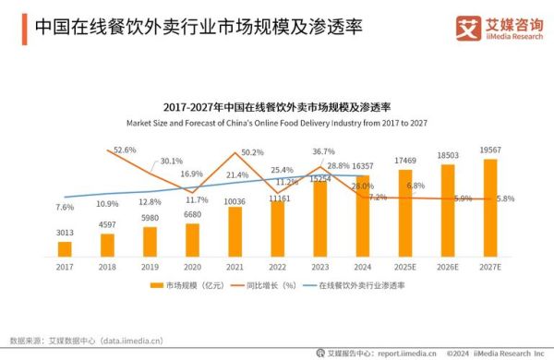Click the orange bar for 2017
tap(65, 248)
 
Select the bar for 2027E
tap(490, 208)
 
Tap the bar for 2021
tap(235, 231)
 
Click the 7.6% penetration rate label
tap(65, 207)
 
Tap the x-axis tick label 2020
tap(192, 268)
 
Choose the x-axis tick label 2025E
tap(405, 268)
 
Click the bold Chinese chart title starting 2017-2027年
tap(278, 107)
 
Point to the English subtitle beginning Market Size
tap(278, 123)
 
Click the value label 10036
tap(235, 201)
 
